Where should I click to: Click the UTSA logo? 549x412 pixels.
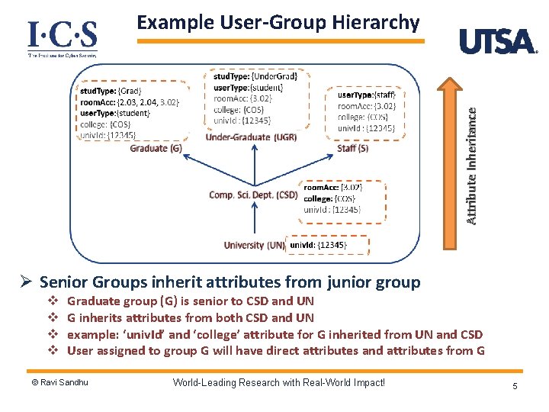(498, 41)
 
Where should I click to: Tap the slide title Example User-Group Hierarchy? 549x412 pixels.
(278, 22)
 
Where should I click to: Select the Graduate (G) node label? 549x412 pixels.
(156, 148)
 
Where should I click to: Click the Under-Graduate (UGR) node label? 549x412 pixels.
(251, 137)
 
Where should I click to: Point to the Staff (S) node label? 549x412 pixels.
(352, 149)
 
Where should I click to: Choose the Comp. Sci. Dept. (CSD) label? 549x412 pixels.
(253, 195)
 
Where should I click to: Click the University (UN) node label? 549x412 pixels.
(255, 245)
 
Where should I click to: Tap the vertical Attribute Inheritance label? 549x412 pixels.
(472, 164)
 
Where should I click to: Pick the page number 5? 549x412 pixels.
(515, 386)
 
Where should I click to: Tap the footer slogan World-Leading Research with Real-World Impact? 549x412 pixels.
(279, 382)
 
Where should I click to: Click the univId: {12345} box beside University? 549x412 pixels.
(328, 245)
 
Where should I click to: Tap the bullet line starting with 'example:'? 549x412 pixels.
(274, 334)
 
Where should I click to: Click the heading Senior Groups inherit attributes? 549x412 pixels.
(229, 282)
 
